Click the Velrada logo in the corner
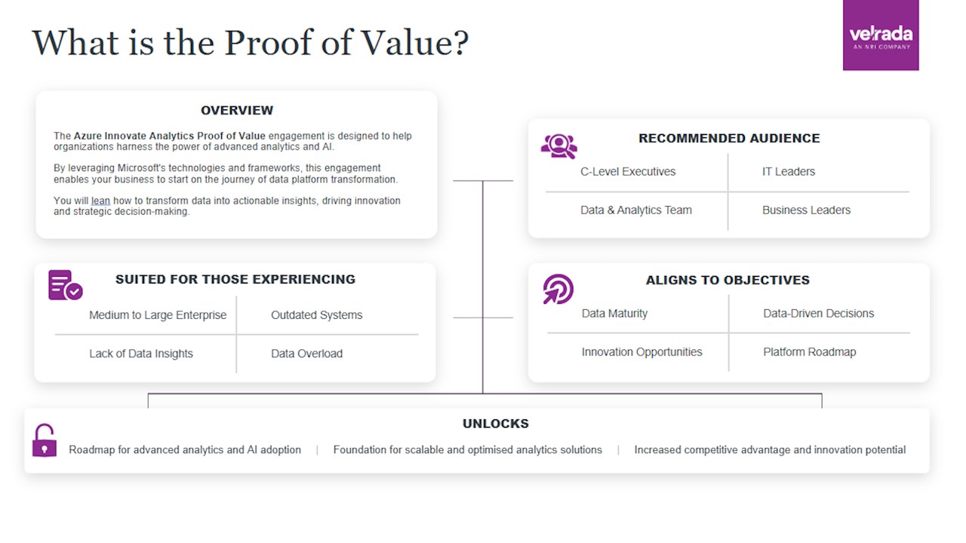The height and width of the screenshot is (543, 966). coord(881,35)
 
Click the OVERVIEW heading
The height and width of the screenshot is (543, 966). coord(237,110)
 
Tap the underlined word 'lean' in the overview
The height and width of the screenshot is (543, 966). coord(100,201)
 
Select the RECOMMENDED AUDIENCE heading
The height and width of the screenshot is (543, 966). coord(729,138)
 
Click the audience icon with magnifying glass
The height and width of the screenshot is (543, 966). coord(559,146)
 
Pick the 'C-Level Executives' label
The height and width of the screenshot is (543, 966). coord(628,171)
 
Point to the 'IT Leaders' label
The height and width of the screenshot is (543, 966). coord(789,171)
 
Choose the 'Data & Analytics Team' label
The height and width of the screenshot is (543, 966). coord(636,210)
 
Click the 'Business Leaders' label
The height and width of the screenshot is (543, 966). coord(807,210)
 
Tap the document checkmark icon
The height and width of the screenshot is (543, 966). coord(65,285)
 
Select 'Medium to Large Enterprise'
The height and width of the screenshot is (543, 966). coord(158,315)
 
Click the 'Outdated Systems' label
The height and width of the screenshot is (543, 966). coord(316,315)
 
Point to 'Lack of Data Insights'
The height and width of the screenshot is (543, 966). coord(141,354)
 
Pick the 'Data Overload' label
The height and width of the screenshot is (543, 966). coord(306,354)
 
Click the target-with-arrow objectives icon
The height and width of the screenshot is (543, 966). coord(558,289)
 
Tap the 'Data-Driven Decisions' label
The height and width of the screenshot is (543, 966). coord(819,313)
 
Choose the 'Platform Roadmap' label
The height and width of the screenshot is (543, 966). coord(810,352)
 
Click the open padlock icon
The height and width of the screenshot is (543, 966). coord(45,440)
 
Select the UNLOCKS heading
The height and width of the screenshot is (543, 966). coord(496,424)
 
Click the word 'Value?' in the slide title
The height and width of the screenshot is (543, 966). coord(414,43)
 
